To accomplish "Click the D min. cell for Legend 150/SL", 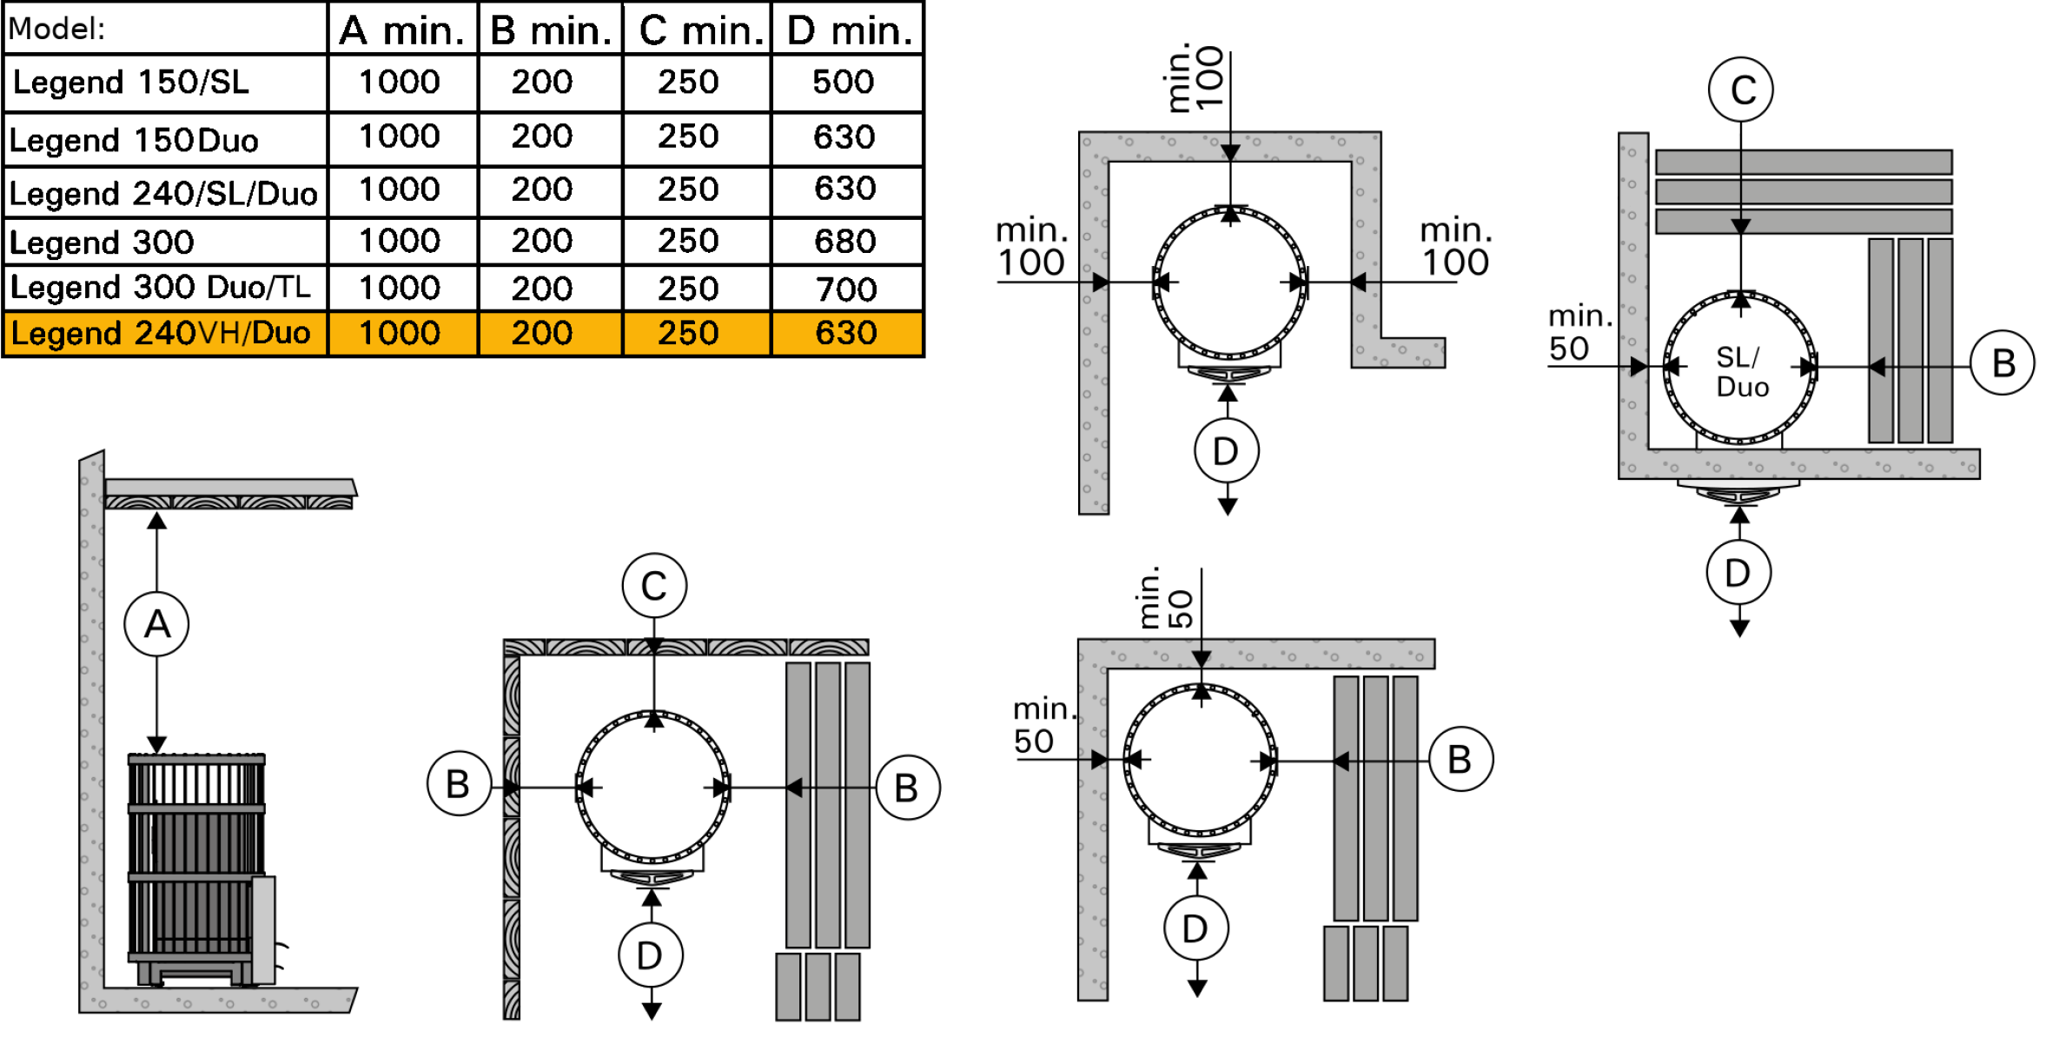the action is tap(843, 82).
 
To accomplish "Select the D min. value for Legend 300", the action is tap(844, 241).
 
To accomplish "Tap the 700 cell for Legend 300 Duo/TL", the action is tap(846, 289).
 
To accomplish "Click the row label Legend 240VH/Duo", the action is tap(161, 333).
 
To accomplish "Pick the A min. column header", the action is tap(401, 30).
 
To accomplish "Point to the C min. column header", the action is tap(701, 30).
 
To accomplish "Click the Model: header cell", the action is tap(56, 30).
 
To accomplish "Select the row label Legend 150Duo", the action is tap(134, 140).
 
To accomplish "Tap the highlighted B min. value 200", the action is tap(542, 333).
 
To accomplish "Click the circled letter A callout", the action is tap(156, 624).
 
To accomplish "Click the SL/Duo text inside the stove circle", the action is tap(1741, 371).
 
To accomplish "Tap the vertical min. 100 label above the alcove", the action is tap(1195, 78).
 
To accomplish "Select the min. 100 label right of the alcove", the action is tap(1455, 246).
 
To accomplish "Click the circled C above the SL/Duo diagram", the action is tap(1741, 90).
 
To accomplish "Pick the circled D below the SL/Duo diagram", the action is tap(1738, 573).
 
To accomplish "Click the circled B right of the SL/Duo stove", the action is tap(2003, 363).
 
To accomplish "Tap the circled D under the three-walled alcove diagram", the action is tap(1227, 451).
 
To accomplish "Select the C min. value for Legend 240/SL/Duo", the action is tap(688, 189).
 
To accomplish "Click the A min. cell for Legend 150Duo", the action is tap(400, 136).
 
